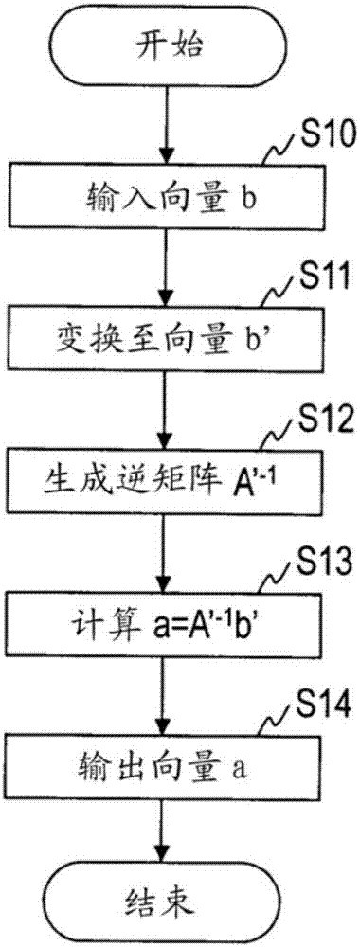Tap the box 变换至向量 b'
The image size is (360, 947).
(x=166, y=335)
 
